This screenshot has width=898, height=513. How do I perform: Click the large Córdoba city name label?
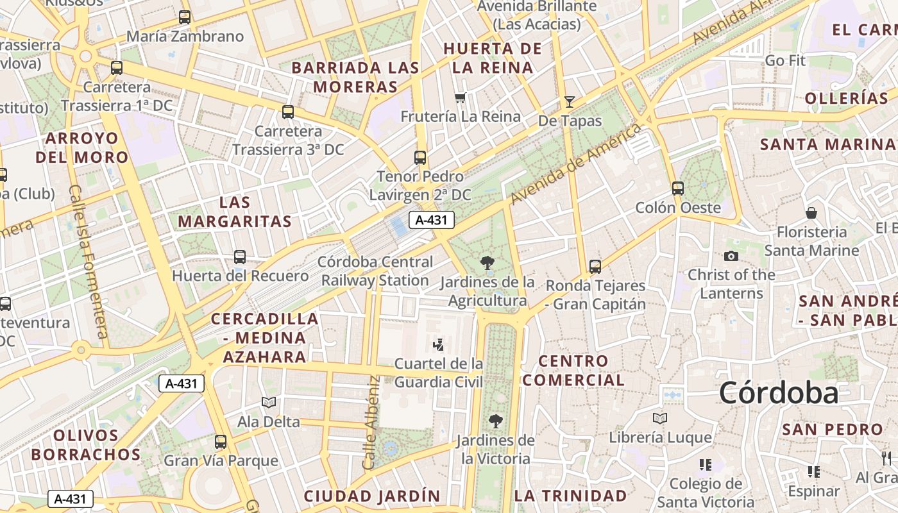(778, 392)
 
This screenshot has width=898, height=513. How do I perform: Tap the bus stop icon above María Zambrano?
(185, 17)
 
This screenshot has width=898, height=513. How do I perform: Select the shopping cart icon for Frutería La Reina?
(459, 98)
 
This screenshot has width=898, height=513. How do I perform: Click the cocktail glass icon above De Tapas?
(569, 101)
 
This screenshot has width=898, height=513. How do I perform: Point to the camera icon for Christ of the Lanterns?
(731, 256)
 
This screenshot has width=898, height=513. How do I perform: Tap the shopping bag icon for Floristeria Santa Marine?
(811, 212)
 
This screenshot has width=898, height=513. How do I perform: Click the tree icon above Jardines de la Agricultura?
(487, 262)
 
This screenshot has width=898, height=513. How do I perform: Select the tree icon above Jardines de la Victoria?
(495, 421)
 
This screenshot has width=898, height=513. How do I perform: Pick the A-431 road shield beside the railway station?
(432, 220)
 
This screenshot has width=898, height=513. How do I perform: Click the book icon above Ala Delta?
(268, 402)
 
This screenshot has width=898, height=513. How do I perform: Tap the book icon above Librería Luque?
(659, 418)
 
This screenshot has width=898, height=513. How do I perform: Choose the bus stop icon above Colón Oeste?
(678, 188)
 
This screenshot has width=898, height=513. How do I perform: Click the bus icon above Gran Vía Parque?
(221, 441)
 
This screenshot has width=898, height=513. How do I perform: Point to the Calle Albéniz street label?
(371, 422)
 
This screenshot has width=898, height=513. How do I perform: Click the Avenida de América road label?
(576, 165)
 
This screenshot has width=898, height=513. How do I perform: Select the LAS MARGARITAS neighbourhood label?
(235, 212)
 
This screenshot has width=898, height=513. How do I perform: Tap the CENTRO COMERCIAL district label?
(573, 371)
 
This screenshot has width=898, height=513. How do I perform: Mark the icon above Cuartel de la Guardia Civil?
(438, 345)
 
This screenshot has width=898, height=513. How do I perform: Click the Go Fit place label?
(785, 61)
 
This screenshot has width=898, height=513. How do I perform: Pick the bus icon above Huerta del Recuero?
(240, 256)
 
